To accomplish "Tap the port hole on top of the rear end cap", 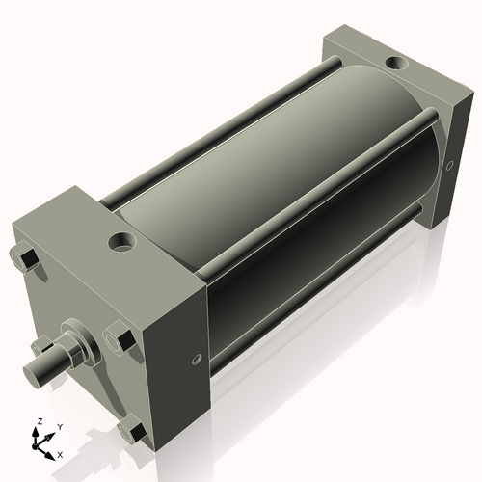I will click(395, 64).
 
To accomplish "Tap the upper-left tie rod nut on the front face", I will click(25, 258).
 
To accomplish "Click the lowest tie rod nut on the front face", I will click(136, 432).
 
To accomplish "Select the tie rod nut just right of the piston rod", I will click(123, 341).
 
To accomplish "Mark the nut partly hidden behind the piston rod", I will click(41, 345).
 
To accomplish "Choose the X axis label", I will click(61, 453).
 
